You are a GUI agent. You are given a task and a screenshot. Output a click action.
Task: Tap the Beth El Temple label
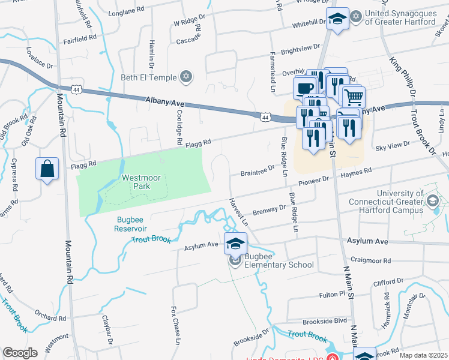149,77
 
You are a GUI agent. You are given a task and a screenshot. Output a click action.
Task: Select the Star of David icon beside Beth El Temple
186,77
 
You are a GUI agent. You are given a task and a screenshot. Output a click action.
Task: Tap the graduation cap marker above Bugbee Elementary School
235,244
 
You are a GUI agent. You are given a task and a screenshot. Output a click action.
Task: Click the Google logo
20,353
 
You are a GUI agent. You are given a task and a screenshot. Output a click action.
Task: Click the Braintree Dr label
257,173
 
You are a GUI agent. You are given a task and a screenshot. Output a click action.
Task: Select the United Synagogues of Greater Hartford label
401,18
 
